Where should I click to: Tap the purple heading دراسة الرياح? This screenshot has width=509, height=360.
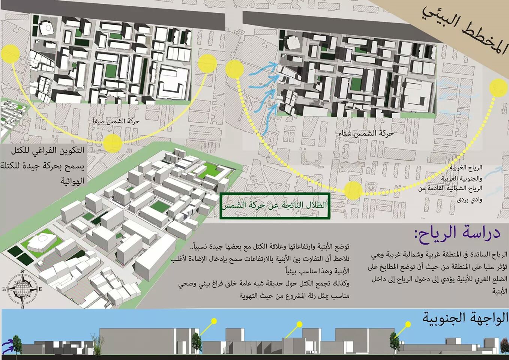457,233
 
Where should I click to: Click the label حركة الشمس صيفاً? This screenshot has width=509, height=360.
116,121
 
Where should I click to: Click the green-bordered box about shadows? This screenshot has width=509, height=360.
275,205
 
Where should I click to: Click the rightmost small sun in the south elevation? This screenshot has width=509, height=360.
408,323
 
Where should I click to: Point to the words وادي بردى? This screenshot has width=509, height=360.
469,200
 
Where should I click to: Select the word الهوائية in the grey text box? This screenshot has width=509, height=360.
72,181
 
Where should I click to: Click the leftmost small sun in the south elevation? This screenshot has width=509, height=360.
214,321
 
